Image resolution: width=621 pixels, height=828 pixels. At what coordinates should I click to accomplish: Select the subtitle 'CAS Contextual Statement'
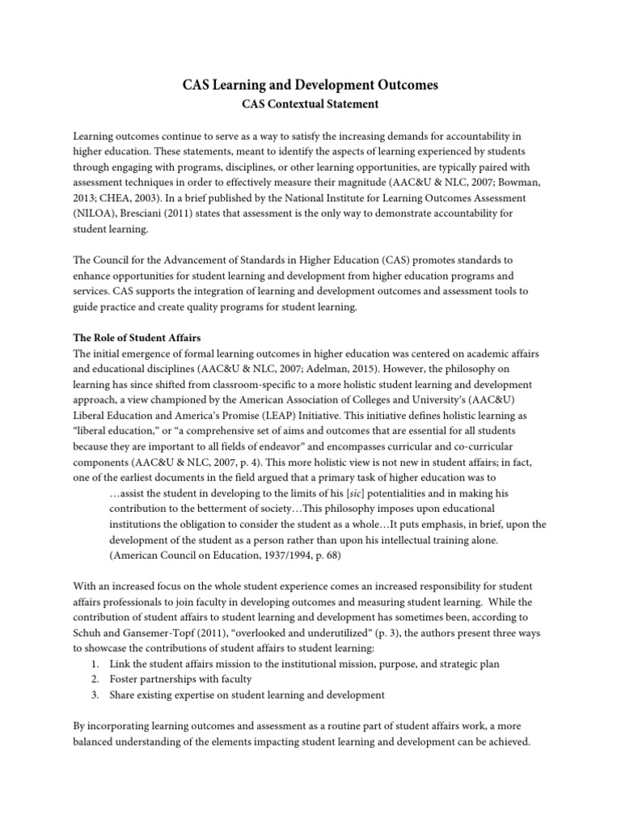(310, 104)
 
